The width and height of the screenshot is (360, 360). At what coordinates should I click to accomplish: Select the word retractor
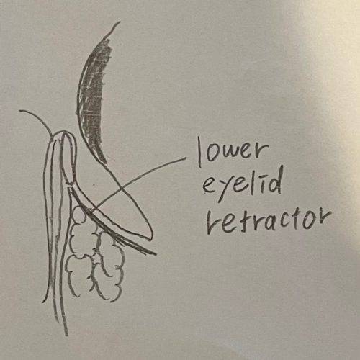(269, 222)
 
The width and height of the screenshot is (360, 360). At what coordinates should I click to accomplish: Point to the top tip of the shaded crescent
(120, 22)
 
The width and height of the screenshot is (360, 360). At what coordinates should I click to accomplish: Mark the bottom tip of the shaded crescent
(105, 163)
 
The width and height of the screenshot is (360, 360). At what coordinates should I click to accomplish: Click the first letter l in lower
(199, 152)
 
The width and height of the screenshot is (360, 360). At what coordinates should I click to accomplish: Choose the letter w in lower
(235, 153)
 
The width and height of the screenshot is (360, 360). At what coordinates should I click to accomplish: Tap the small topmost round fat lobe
(78, 215)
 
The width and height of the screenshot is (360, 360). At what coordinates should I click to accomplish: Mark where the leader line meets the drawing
(90, 211)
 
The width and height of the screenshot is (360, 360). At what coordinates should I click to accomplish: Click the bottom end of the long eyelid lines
(66, 335)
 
